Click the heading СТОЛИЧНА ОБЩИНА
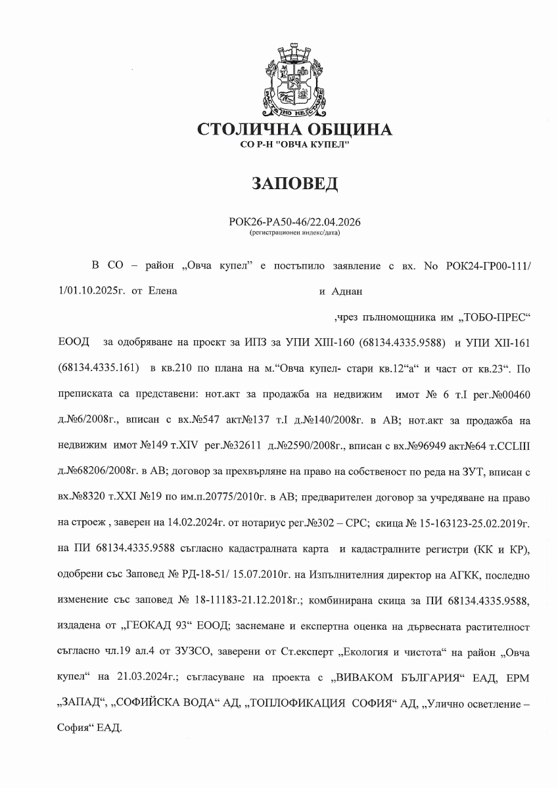(295, 129)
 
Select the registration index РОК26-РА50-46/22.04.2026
(295, 222)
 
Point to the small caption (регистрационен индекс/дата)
(295, 232)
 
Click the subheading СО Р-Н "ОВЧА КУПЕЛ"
(295, 143)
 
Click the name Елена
(163, 290)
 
